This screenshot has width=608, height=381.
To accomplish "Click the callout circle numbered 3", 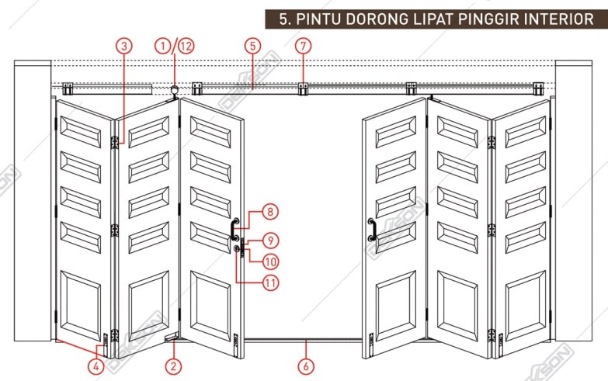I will coord(124,46).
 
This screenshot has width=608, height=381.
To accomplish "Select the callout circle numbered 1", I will coord(162,46).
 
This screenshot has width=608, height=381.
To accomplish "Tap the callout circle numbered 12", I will coord(185,46).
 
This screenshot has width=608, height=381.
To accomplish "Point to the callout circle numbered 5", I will coord(252,46).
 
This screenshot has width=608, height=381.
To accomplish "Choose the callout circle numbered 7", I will coord(304,46).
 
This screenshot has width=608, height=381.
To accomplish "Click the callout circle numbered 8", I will coord(269,210).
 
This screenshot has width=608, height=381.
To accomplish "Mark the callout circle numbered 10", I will coord(269,260).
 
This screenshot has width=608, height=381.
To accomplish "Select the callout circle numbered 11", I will coord(269,283).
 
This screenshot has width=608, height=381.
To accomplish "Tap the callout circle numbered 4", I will coord(96,365).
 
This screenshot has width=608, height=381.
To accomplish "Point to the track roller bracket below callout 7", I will coord(304,88).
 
